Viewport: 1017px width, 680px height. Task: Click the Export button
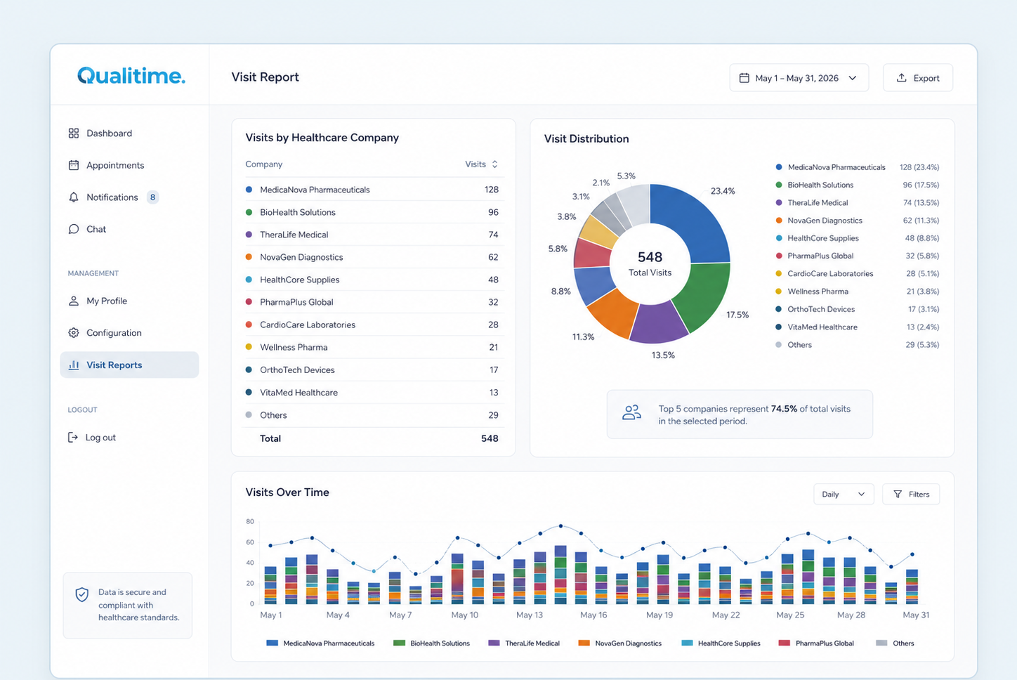(x=917, y=78)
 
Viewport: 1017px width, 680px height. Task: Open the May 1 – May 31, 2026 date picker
(x=799, y=78)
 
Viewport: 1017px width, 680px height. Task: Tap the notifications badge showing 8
(x=152, y=197)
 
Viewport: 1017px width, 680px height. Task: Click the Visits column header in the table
(x=481, y=164)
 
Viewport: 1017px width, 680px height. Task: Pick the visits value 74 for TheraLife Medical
(x=493, y=235)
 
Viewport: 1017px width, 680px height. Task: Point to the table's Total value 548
(x=490, y=438)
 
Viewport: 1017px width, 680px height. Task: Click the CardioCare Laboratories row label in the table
(x=308, y=325)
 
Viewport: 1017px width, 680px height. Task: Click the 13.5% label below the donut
(x=663, y=355)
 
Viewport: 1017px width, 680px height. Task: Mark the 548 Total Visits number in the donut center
(x=650, y=257)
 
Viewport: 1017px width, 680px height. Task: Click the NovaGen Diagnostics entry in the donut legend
(x=825, y=221)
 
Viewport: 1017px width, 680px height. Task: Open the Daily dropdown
(x=844, y=495)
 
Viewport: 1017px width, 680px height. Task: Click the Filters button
(x=911, y=495)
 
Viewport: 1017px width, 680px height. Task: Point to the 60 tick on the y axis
(x=250, y=542)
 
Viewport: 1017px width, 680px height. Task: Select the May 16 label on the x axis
(x=593, y=615)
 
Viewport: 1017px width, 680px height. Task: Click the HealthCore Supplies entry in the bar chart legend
(x=721, y=643)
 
